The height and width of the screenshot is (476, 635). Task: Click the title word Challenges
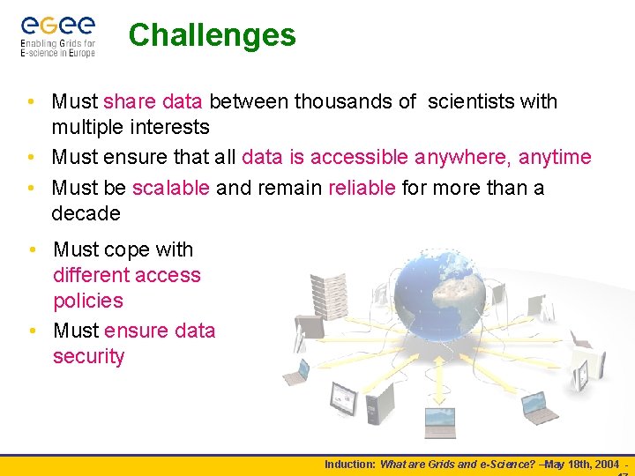tap(212, 35)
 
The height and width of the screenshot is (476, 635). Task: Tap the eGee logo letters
tap(58, 25)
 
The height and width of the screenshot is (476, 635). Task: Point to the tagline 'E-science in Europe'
tap(58, 52)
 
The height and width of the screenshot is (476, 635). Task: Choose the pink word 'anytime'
tap(555, 157)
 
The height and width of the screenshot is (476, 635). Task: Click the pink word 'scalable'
tap(170, 188)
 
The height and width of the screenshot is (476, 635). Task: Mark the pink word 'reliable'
tap(362, 188)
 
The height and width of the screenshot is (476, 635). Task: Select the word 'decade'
tap(86, 213)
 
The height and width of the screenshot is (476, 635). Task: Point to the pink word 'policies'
tap(88, 301)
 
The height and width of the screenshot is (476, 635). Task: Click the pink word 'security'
tap(88, 356)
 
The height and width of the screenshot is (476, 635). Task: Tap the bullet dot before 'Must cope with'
tap(32, 249)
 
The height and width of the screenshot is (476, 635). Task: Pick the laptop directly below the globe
tap(438, 421)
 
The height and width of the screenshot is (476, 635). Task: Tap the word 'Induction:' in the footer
tap(350, 464)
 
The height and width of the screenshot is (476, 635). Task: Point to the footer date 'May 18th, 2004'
tap(582, 464)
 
